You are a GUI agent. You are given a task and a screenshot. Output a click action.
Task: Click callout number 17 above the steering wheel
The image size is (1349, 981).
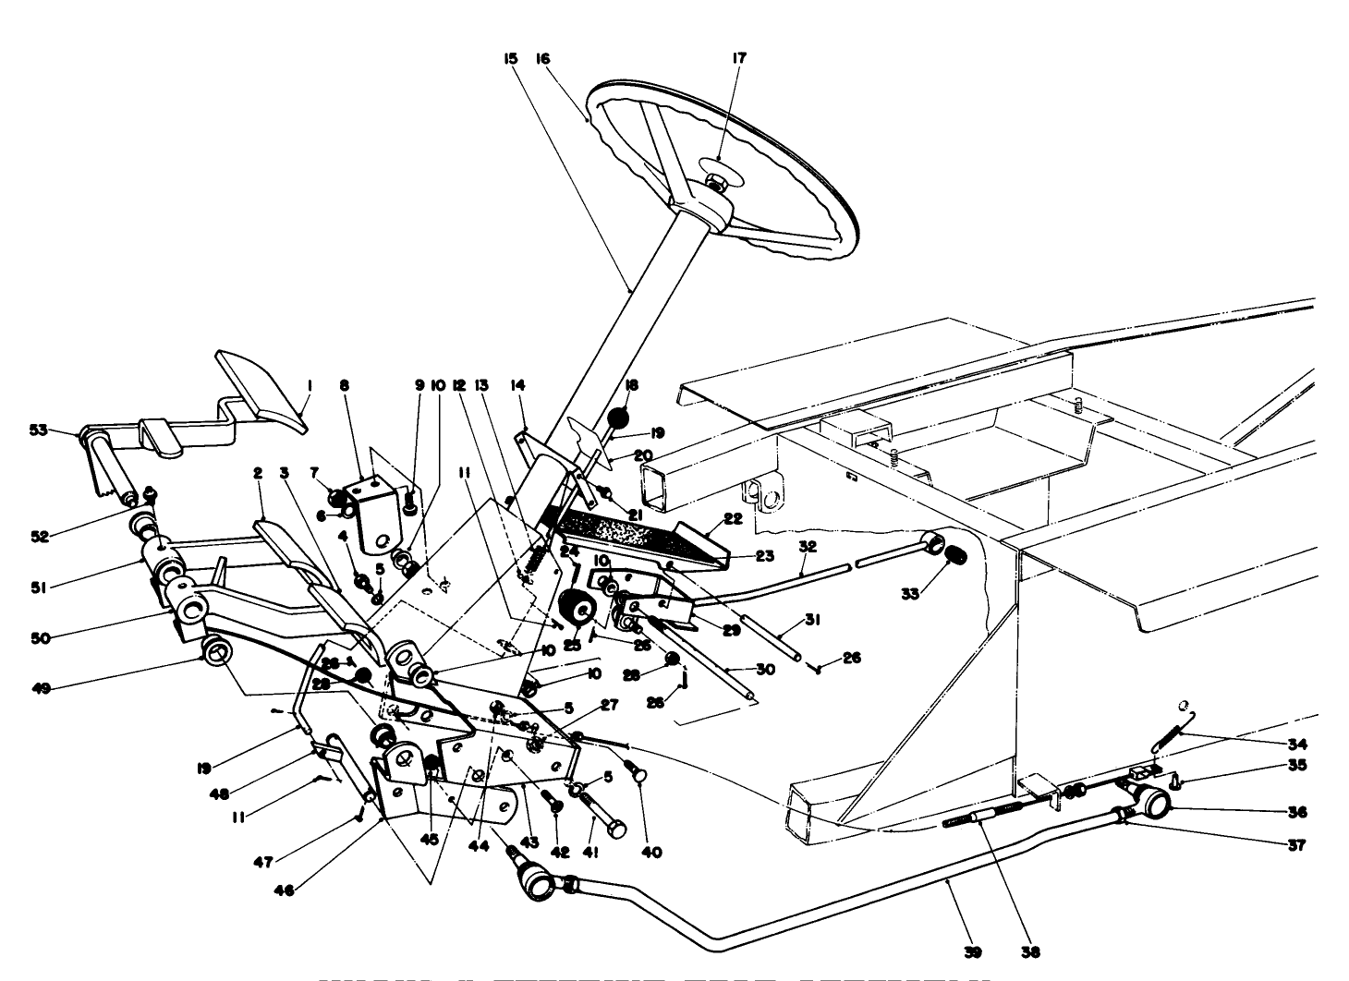739,57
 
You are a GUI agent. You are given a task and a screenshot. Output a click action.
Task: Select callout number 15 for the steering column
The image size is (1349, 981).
510,57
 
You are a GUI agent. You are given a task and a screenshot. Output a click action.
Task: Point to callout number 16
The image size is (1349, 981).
543,57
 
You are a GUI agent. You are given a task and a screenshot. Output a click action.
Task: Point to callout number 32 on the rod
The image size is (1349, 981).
806,546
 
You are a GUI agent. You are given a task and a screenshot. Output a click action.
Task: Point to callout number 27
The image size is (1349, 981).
609,704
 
